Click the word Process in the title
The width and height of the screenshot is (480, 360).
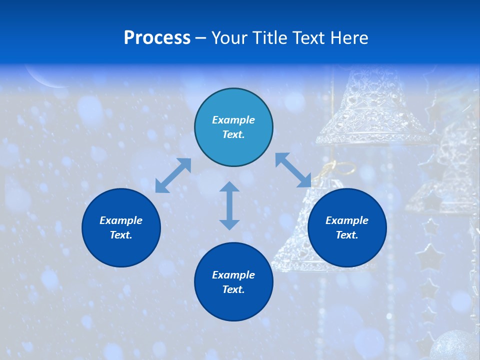[157, 38]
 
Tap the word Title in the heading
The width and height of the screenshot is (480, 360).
[272, 38]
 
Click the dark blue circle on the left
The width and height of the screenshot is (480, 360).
[121, 227]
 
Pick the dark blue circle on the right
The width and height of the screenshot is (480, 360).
[347, 227]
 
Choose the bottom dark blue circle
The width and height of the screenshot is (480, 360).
[233, 281]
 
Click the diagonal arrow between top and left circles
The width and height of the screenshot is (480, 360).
[173, 175]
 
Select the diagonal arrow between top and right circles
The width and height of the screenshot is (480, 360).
[293, 170]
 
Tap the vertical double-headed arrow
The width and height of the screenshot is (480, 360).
[229, 205]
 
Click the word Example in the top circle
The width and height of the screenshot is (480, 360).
[233, 120]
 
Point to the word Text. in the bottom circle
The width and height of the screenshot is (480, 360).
[233, 289]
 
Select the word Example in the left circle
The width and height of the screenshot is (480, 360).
[121, 220]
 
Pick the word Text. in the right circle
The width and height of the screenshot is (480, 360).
[347, 235]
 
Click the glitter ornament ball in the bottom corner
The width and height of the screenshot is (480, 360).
[455, 345]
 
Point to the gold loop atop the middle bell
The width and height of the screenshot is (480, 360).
[330, 168]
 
